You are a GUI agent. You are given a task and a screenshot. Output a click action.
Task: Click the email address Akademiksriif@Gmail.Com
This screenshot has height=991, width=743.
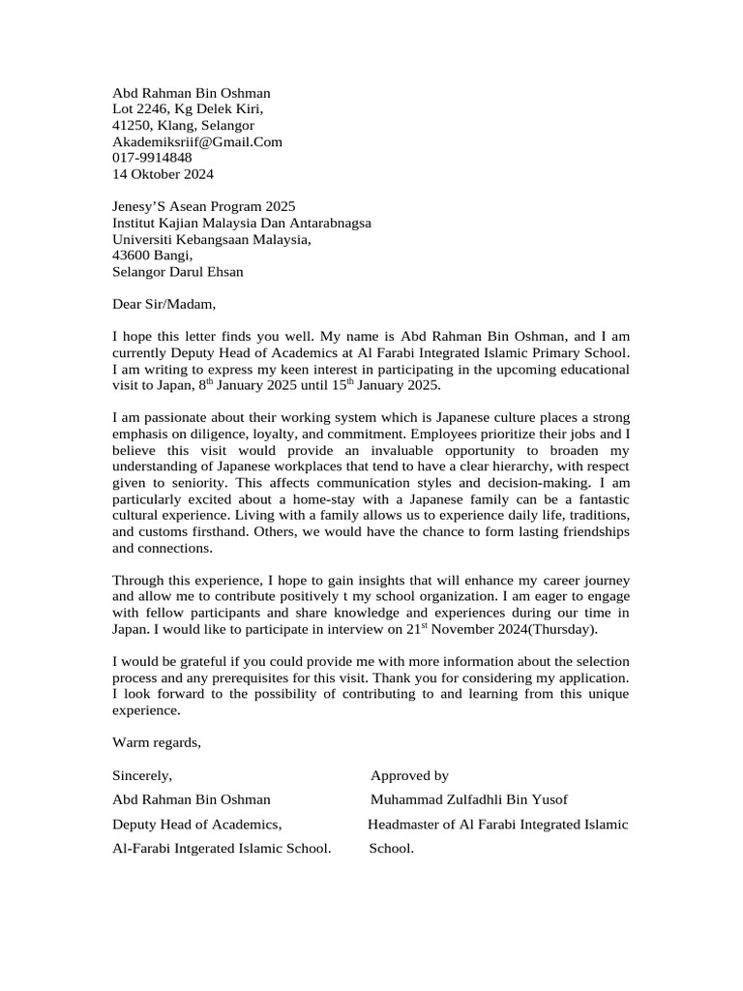197,142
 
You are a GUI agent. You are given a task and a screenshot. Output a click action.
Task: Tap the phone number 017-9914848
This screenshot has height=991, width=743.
152,158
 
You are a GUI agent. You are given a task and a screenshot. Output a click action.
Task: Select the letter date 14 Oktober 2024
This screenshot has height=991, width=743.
163,174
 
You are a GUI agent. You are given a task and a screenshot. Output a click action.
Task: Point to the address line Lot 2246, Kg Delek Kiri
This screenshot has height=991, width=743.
187,109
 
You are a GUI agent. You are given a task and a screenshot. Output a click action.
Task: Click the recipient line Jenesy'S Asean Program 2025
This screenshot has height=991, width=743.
204,207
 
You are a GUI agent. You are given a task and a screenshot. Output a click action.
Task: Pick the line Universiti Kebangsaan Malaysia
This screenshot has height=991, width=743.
212,240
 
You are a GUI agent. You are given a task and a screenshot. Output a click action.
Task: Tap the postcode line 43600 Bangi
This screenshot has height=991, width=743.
152,256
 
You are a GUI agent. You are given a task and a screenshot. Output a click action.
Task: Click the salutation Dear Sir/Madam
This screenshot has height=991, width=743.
160,305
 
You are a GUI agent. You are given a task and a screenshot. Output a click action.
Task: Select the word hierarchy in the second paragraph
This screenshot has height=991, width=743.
505,466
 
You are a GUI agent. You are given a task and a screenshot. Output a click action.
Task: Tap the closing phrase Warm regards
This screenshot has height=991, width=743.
157,742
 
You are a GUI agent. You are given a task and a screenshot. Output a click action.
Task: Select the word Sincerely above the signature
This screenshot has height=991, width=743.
142,776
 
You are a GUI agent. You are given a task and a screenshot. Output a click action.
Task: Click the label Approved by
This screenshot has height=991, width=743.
409,776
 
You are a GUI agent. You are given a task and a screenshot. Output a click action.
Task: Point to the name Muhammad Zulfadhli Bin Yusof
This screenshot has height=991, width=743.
469,800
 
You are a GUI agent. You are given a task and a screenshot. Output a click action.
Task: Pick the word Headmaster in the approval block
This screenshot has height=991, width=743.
403,825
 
